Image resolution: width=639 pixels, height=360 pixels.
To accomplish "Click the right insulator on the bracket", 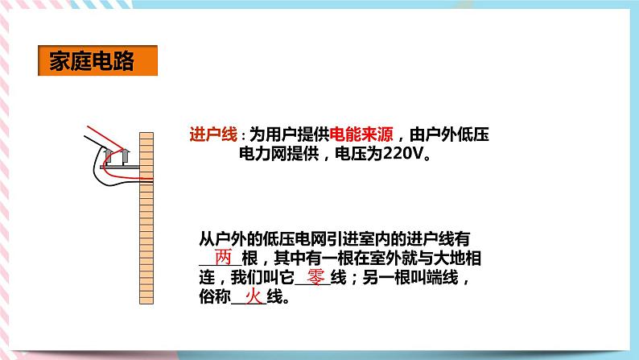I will (125, 154).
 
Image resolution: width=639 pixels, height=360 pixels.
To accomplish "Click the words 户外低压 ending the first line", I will (462, 134).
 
